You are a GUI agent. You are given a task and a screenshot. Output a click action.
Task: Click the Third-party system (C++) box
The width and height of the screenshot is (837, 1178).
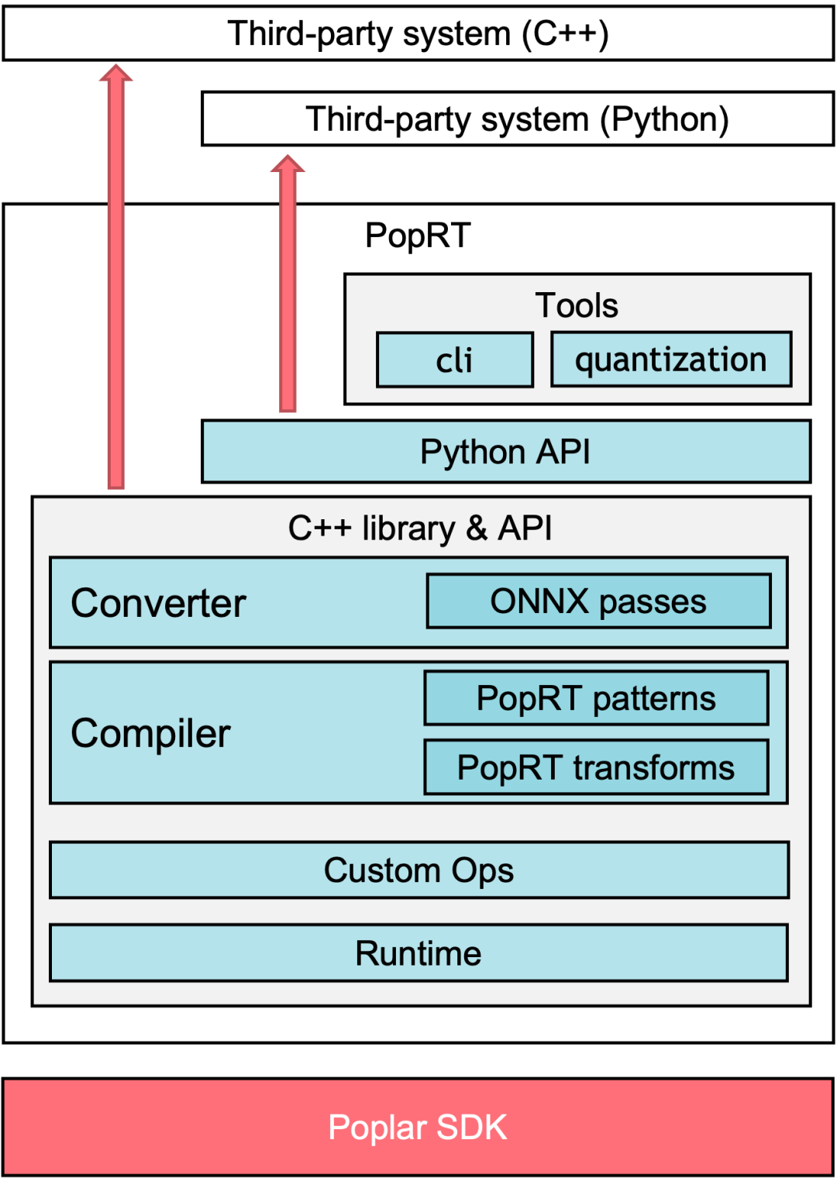418,34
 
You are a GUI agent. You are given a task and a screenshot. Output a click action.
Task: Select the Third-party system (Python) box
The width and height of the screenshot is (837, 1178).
517,119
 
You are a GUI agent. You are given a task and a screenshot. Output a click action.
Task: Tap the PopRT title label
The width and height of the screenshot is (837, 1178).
418,236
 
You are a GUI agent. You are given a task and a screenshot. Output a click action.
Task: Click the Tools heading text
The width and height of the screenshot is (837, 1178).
577,305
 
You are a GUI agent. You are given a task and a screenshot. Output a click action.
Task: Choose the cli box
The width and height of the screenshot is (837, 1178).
455,360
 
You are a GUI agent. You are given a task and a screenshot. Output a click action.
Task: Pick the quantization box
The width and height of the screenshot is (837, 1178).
671,360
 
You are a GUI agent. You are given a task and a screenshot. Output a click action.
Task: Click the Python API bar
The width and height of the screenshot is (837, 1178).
505,452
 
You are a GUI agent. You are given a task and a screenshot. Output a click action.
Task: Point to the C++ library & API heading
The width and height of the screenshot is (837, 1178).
420,529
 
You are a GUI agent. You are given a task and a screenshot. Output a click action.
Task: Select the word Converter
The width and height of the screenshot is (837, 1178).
158,603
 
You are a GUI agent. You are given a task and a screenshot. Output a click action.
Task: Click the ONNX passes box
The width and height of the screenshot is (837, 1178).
598,601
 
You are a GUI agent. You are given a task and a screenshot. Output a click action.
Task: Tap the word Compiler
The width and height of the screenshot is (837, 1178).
150,733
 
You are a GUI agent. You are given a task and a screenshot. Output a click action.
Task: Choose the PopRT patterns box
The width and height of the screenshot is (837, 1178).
596,698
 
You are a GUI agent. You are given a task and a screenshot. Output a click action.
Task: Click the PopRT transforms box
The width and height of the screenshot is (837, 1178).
596,768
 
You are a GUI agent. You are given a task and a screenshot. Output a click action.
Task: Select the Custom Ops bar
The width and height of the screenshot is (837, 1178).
418,870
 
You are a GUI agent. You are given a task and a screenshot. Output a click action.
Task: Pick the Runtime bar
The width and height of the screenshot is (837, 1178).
418,953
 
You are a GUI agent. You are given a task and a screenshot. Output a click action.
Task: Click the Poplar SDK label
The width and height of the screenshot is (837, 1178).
418,1128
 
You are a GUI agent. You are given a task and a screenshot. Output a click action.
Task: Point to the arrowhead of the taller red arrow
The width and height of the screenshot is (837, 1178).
116,74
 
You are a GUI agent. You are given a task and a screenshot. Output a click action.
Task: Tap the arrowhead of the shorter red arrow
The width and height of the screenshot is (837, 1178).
288,164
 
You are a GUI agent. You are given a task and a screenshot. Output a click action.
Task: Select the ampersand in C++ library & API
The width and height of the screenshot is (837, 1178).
477,529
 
